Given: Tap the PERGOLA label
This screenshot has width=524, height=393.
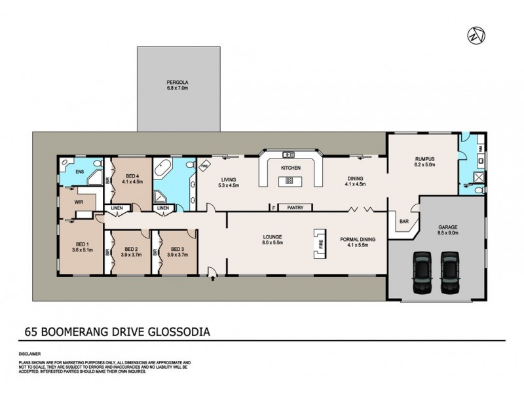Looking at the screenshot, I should point(177,83).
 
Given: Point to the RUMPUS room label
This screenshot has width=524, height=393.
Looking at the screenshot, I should point(425,159).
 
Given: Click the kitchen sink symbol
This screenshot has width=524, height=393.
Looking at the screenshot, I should point(288,155).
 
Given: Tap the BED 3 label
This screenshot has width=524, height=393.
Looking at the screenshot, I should point(177,249).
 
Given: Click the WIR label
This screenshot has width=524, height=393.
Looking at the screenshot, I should point(79,203).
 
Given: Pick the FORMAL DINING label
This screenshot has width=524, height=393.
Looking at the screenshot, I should point(357,240).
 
